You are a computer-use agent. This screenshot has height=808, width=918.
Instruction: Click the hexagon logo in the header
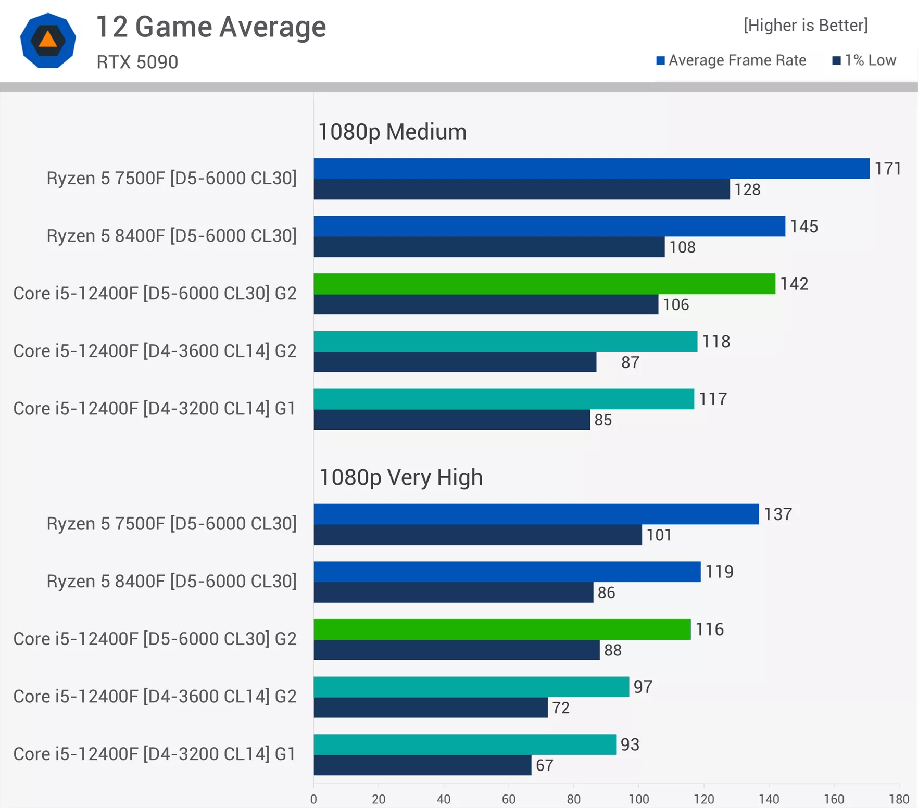(x=48, y=41)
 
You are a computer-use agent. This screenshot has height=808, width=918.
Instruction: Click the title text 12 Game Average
(x=211, y=27)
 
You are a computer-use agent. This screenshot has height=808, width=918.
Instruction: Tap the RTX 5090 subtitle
(x=137, y=62)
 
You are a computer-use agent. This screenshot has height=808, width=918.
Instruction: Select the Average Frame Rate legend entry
(x=731, y=60)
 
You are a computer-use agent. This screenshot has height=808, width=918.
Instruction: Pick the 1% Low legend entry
(x=864, y=60)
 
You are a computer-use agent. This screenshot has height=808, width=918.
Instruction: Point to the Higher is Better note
(x=805, y=25)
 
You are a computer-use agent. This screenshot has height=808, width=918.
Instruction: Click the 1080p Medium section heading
(x=392, y=132)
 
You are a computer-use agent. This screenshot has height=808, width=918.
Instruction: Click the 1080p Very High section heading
(x=400, y=477)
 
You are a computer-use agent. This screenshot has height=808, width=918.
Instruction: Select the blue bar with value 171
(x=591, y=169)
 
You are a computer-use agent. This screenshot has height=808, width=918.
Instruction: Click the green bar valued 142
(x=544, y=284)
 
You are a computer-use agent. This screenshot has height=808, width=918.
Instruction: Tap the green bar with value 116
(x=502, y=629)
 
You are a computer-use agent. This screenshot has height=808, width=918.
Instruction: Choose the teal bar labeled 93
(x=464, y=744)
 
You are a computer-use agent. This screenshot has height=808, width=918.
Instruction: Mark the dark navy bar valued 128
(x=521, y=190)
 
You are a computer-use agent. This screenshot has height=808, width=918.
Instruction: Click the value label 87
(x=630, y=362)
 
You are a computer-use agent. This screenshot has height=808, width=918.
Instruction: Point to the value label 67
(x=544, y=765)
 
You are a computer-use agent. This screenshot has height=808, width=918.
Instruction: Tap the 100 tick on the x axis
(x=638, y=799)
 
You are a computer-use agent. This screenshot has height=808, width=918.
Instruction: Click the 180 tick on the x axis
(x=899, y=799)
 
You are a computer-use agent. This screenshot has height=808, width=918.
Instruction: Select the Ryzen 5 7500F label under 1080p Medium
(x=171, y=178)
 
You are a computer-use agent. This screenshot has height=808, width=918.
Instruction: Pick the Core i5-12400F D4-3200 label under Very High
(x=154, y=754)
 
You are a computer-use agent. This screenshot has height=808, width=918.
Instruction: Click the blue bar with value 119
(x=507, y=572)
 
